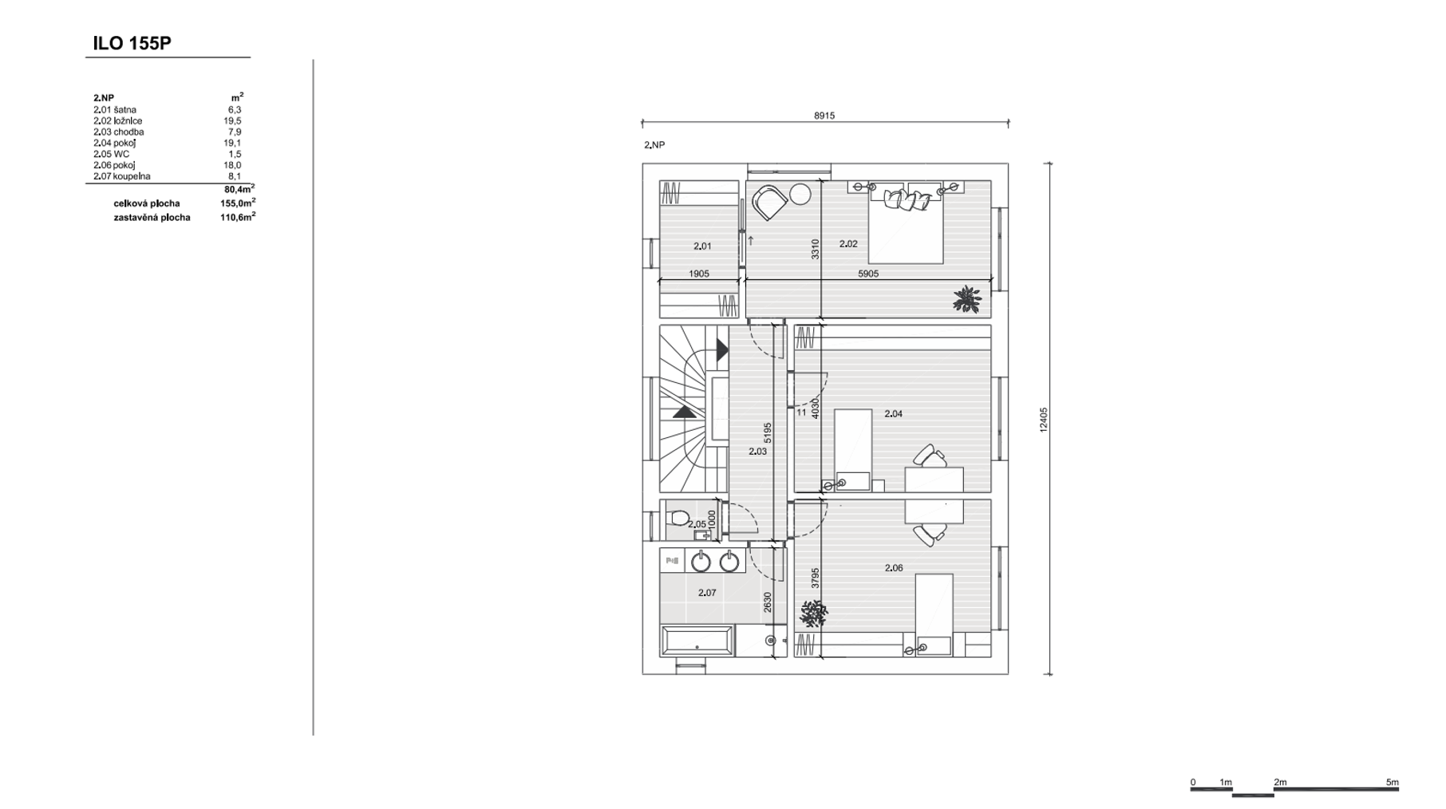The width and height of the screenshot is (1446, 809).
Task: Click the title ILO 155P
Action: [x=132, y=43]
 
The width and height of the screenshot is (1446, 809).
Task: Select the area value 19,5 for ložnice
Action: [x=232, y=121]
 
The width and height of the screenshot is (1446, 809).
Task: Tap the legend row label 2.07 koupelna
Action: [x=122, y=176]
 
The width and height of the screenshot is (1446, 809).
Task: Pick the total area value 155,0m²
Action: [x=238, y=203]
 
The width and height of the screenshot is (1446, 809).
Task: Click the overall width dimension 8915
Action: [x=824, y=116]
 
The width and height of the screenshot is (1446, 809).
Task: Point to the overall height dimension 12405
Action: [x=1044, y=420]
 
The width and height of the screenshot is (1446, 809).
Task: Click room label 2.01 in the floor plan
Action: [x=702, y=247]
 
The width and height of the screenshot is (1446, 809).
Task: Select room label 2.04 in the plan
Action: [x=894, y=414]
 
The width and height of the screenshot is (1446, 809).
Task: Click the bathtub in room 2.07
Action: [x=697, y=641]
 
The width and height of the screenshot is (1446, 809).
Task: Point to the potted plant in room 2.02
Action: [x=967, y=299]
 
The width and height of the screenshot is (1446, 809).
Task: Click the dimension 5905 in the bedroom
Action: [x=868, y=274]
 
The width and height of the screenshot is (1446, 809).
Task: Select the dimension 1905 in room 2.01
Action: [x=699, y=274]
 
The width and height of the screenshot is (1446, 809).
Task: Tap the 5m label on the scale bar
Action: [x=1392, y=783]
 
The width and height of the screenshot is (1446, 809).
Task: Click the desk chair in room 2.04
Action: [x=929, y=456]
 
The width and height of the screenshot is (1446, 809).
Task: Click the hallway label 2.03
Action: [x=758, y=452]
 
